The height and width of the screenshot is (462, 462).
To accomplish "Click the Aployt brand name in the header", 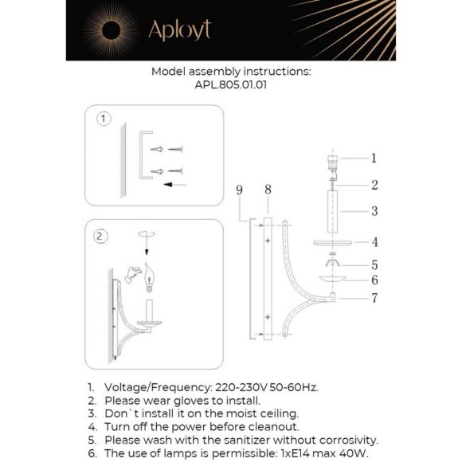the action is point(180,30).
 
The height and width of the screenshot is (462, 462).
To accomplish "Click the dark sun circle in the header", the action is point(111,30).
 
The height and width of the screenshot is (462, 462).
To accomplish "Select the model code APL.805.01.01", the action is point(231,85).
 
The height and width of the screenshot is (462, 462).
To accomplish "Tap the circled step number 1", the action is point(104,119).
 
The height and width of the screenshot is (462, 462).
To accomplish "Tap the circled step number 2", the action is point(100,237).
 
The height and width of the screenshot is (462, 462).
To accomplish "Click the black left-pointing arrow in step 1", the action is point(175,185).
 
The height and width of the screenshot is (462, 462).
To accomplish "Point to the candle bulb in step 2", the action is point(150,277).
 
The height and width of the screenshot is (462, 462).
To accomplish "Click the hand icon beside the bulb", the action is point(132,275).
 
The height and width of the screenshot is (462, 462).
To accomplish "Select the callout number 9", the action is point(239,190).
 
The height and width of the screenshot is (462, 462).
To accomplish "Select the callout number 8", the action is point(268,190).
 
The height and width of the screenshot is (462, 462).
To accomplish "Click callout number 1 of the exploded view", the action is point(374,159).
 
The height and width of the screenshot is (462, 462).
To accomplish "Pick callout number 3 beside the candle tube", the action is point(374,211).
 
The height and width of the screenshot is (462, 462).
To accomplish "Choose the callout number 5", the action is point(374,265).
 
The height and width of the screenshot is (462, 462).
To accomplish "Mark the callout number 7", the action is point(374,298).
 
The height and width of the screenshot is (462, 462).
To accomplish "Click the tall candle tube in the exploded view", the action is point(332,212).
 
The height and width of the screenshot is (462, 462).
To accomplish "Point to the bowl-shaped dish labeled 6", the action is point(333,279).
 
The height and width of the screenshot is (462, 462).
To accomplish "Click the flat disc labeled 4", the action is point(333,243).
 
